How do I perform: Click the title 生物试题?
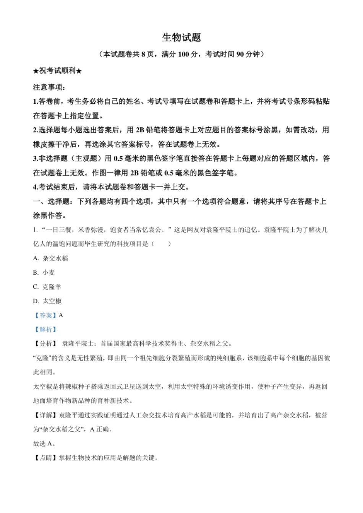[181, 37]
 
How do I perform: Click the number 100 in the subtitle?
[184, 54]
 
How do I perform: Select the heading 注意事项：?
[49, 87]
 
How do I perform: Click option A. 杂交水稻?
[50, 258]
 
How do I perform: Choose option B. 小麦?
[44, 272]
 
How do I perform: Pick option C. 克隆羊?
[47, 287]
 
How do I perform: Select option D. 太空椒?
[47, 301]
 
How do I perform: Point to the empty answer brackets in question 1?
[162, 244]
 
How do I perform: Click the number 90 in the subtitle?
[240, 54]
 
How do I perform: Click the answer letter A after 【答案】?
[61, 315]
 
